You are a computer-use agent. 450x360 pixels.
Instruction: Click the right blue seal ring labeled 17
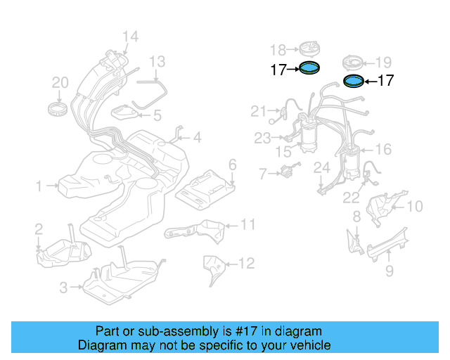[x=353, y=82]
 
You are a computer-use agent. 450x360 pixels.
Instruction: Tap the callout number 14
[x=130, y=37]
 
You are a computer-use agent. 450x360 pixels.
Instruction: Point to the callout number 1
[x=39, y=186]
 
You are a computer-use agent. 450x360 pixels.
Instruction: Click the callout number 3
[x=63, y=287]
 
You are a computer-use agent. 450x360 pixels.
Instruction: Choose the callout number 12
[x=245, y=264]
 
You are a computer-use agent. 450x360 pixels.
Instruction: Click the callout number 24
[x=321, y=167]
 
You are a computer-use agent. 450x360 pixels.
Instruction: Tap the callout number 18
[x=278, y=49]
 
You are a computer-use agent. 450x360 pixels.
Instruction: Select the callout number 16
[x=383, y=149]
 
